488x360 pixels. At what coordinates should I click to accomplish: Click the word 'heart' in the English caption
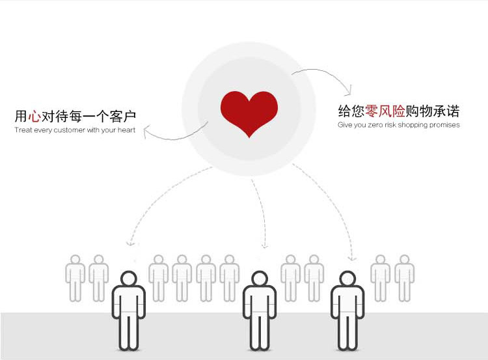pyautogui.click(x=127, y=130)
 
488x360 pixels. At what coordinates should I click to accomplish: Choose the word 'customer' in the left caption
pyautogui.click(x=70, y=130)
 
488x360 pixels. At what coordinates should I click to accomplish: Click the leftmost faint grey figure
pyautogui.click(x=75, y=277)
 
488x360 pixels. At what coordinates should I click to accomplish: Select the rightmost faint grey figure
pyautogui.click(x=404, y=277)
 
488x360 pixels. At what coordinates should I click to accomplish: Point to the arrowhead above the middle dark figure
pyautogui.click(x=264, y=246)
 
